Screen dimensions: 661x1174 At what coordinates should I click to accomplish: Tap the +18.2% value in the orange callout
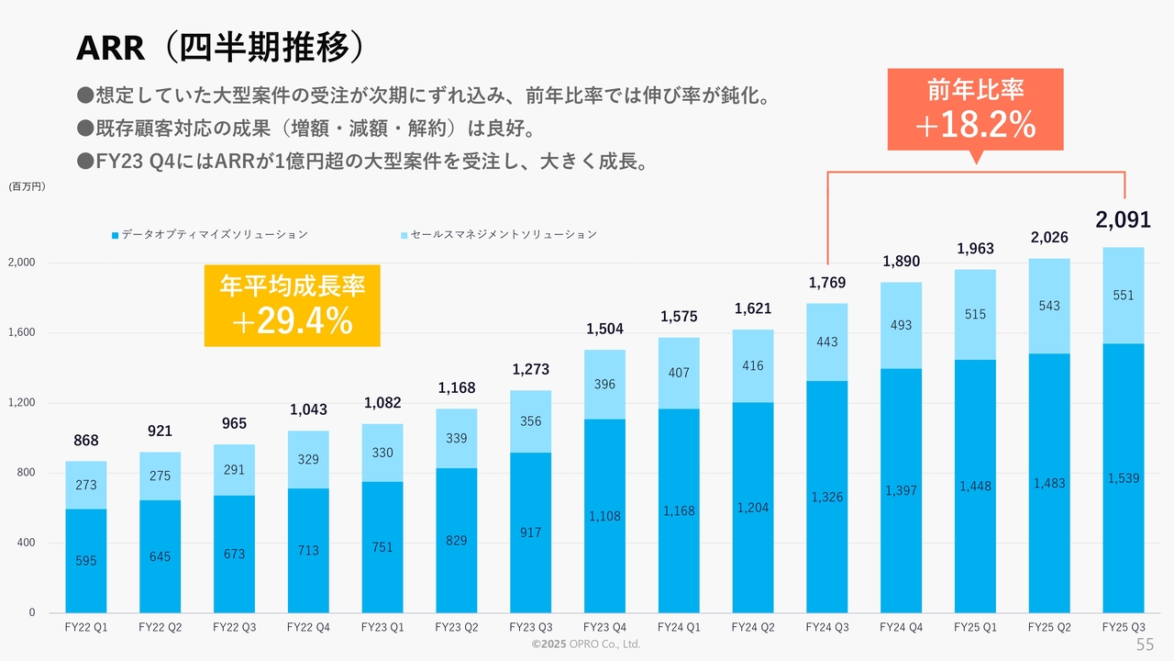click(x=975, y=126)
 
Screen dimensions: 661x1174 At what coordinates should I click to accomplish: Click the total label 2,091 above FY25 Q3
click(x=1123, y=219)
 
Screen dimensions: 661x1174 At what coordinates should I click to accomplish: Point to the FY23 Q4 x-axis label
click(x=604, y=627)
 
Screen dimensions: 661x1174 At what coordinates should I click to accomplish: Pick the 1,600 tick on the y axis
click(x=22, y=332)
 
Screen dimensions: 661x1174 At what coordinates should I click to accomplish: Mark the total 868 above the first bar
click(x=86, y=441)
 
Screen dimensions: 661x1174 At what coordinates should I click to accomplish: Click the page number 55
click(x=1145, y=644)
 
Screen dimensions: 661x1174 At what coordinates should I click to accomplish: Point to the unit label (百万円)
click(x=28, y=186)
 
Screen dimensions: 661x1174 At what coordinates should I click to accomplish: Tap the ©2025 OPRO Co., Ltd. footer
click(x=586, y=644)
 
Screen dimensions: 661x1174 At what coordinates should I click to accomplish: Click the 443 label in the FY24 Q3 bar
click(x=827, y=342)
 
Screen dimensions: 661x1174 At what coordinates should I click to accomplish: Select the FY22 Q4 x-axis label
click(x=308, y=627)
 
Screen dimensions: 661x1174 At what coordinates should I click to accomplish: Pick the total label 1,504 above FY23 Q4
click(x=604, y=330)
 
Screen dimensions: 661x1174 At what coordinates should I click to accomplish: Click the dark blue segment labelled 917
click(x=530, y=532)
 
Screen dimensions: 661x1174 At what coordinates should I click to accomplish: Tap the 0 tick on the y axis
click(x=31, y=612)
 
